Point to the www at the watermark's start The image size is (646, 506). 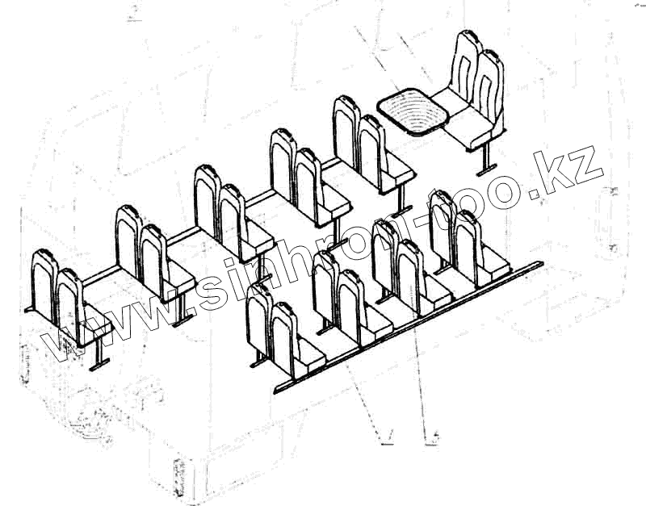pos(121,319)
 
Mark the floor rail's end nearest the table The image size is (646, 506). pos(539,264)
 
